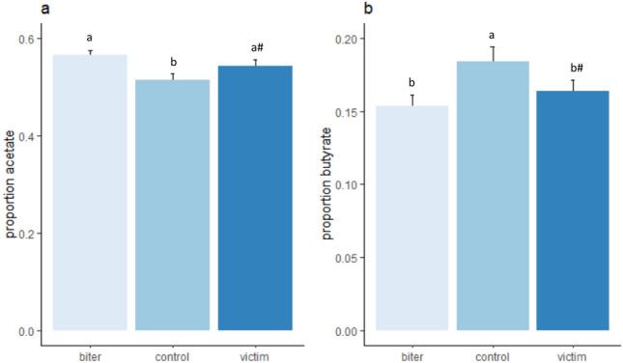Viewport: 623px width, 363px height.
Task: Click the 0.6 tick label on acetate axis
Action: coord(31,39)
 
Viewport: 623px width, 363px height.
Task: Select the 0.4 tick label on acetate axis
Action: coord(31,136)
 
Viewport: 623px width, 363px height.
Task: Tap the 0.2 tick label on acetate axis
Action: coord(31,234)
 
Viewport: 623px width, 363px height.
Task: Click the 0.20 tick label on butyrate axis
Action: coord(347,39)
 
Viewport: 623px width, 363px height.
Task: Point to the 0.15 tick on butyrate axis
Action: coord(347,112)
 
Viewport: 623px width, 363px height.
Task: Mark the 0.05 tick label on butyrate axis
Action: coord(347,258)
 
